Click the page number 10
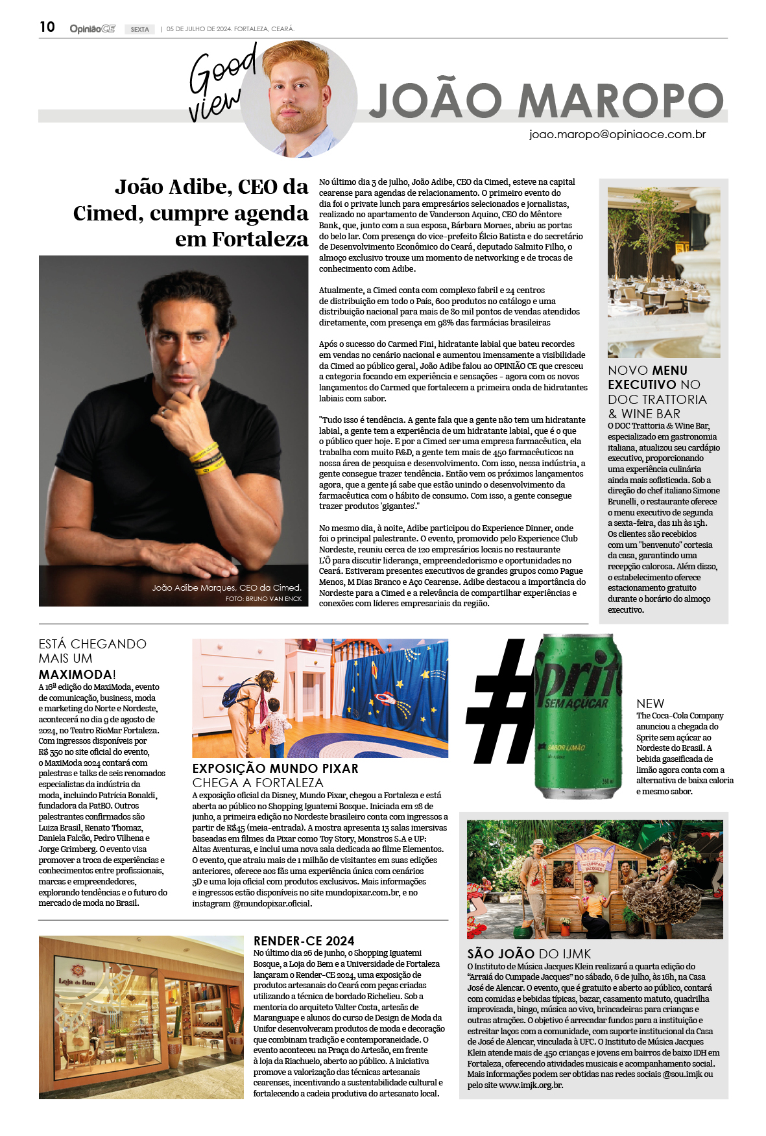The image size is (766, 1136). pos(47,27)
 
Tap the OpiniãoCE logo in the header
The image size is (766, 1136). pos(92,29)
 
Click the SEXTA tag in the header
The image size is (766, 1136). pos(139,29)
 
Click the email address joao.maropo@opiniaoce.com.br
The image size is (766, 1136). pos(617,134)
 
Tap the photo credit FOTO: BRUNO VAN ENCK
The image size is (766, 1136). pos(263,598)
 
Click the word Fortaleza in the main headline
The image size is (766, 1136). pos(260,239)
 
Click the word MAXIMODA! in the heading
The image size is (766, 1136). pos(77,674)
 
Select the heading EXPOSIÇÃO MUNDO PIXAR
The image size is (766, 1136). pos(275,768)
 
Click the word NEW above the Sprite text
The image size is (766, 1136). pos(650,704)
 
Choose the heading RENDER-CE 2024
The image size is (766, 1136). pos(304,941)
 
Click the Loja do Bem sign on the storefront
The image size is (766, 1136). pos(77,983)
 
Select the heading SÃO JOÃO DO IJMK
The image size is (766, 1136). pos(529,953)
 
